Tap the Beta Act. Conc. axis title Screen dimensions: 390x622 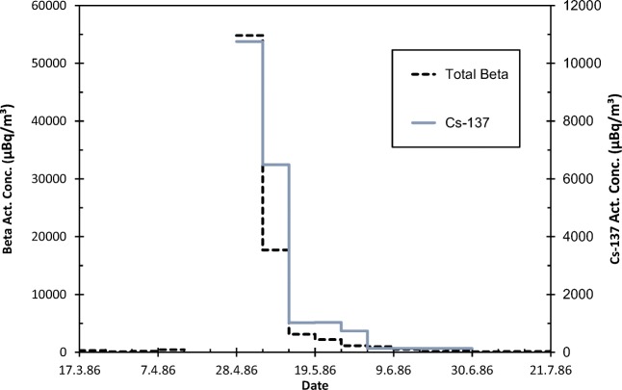[9, 179]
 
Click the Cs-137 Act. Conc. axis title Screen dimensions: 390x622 [612, 179]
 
